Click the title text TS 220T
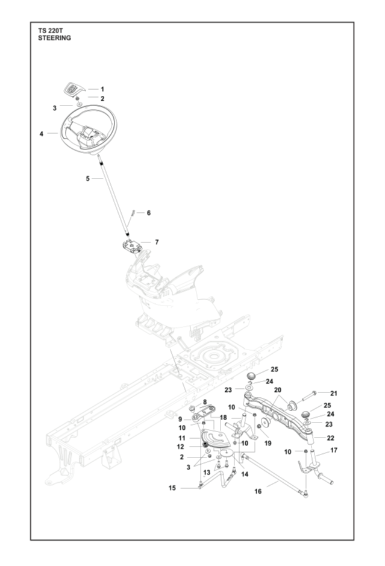tap(50, 30)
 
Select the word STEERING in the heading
tap(54, 37)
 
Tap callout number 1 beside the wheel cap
tap(102, 89)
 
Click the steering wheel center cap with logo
tap(72, 88)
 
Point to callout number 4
tap(41, 133)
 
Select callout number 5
tap(87, 178)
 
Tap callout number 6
tap(149, 213)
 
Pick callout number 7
tap(157, 242)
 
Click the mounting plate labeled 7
tap(131, 247)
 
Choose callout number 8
tap(205, 402)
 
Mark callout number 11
tap(181, 438)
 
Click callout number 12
tap(181, 447)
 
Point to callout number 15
tap(172, 488)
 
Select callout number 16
tap(258, 492)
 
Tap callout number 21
tap(334, 394)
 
